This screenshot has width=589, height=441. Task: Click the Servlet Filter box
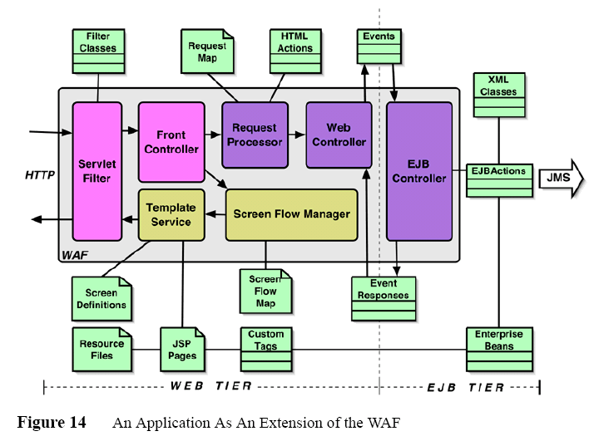pyautogui.click(x=97, y=171)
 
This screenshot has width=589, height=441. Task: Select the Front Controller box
pyautogui.click(x=171, y=141)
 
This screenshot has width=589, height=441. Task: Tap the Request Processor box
pyautogui.click(x=255, y=135)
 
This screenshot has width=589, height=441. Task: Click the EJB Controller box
pyautogui.click(x=419, y=171)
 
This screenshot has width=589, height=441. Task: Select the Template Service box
pyautogui.click(x=171, y=214)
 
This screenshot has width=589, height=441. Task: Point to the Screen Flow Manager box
pyautogui.click(x=291, y=214)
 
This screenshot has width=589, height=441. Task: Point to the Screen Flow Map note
pyautogui.click(x=265, y=291)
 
